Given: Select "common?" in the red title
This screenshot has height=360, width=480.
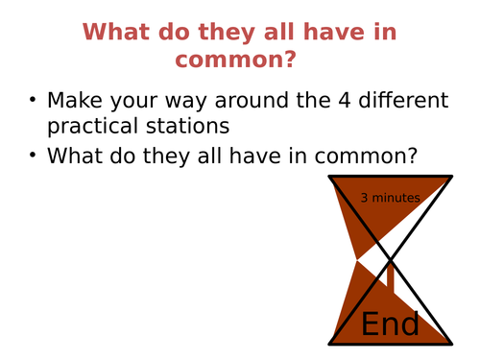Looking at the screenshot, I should [233, 60].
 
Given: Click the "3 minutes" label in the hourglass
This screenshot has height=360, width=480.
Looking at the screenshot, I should [390, 199].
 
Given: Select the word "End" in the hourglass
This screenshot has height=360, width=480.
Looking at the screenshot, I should [390, 324].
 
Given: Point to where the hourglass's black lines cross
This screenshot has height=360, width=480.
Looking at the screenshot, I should [390, 259].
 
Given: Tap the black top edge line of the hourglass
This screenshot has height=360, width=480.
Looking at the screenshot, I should [390, 177].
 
